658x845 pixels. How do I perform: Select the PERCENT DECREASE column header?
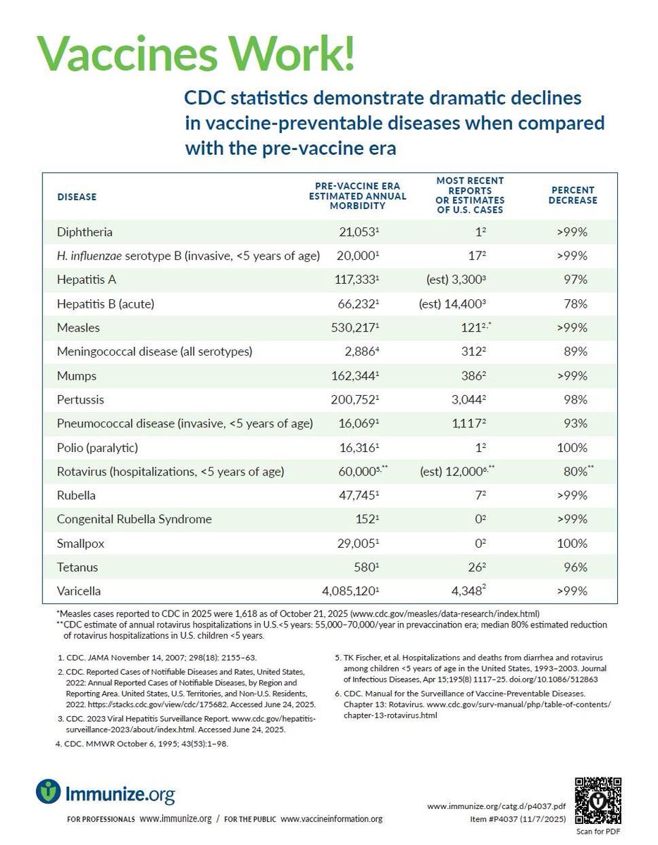pyautogui.click(x=573, y=195)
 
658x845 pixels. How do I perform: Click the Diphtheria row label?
pyautogui.click(x=85, y=232)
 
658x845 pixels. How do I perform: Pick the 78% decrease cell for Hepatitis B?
pyautogui.click(x=576, y=303)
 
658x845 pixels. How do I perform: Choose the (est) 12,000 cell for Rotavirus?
pyautogui.click(x=467, y=471)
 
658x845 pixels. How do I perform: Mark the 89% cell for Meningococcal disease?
pyautogui.click(x=576, y=351)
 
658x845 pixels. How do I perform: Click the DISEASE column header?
pyautogui.click(x=77, y=196)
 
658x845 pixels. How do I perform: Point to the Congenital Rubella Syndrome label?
pyautogui.click(x=134, y=519)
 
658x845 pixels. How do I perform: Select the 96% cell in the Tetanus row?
pyautogui.click(x=576, y=567)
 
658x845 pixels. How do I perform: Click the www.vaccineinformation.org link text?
pyautogui.click(x=331, y=819)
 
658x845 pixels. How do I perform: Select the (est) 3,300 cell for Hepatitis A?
pyautogui.click(x=467, y=280)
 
